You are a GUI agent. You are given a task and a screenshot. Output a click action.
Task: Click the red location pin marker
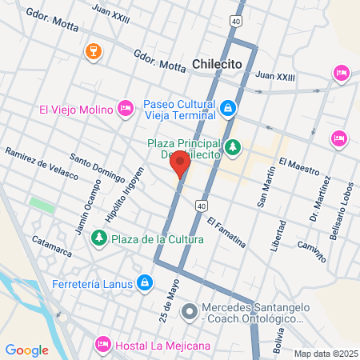[x=179, y=165]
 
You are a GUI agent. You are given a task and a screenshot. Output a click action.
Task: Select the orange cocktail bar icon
[x=94, y=52]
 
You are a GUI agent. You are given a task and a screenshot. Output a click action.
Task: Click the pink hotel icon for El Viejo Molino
[x=125, y=108]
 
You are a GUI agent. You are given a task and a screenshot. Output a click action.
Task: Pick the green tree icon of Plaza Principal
[x=233, y=146]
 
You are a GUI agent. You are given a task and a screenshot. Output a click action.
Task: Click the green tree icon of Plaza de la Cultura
[x=98, y=238]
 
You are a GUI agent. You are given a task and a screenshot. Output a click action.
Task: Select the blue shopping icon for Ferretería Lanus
[x=144, y=282]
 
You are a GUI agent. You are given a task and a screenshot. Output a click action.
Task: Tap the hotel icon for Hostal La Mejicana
[x=102, y=345]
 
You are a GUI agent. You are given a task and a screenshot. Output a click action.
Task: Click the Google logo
[x=27, y=350]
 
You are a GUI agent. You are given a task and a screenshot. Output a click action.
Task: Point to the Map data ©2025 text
[x=325, y=354]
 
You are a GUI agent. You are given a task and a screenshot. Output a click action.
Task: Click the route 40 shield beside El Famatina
[x=199, y=206]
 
